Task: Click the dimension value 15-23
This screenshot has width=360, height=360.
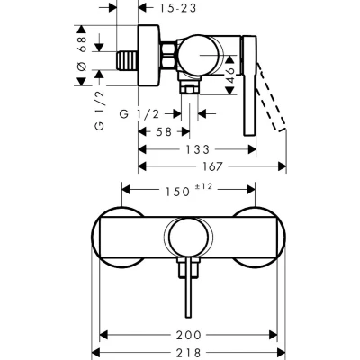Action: point(177,8)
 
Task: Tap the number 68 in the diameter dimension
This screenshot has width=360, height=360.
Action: point(82,44)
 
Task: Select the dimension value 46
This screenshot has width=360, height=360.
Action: point(229,75)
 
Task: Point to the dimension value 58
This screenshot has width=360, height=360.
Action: point(164,131)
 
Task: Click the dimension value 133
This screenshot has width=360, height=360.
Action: point(197,149)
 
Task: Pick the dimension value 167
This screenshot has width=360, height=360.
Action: point(212,166)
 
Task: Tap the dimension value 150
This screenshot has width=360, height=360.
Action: point(178,192)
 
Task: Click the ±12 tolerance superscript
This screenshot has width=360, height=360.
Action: point(203,186)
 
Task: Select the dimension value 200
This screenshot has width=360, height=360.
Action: point(188,335)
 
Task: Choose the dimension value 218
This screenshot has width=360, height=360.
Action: point(188,353)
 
